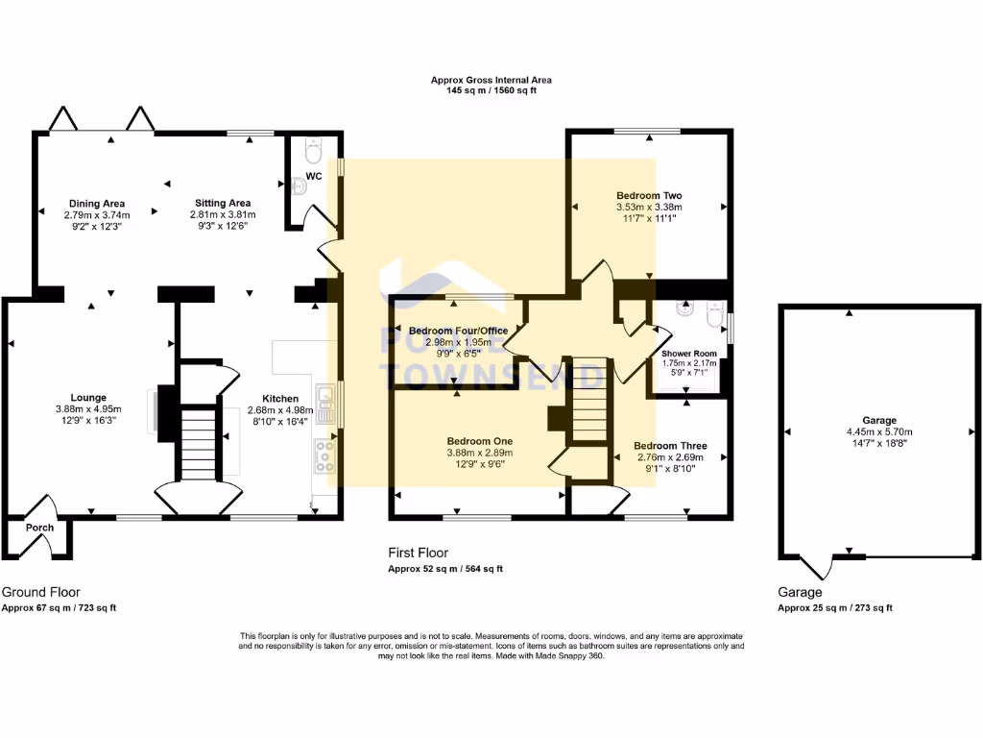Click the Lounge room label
coord(87,397)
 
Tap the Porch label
coord(39,529)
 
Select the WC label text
coord(314,177)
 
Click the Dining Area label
coord(95,204)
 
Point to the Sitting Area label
coord(222,204)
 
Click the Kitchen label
coord(282,398)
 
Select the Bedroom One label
coord(479,441)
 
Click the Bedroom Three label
coord(671,446)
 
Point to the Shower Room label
coord(688,354)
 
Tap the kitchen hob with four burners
coord(324,456)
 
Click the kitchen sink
coord(327,404)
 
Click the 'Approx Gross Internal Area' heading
coord(491,80)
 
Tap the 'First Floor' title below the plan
coord(418,553)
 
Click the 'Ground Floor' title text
coord(41,592)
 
